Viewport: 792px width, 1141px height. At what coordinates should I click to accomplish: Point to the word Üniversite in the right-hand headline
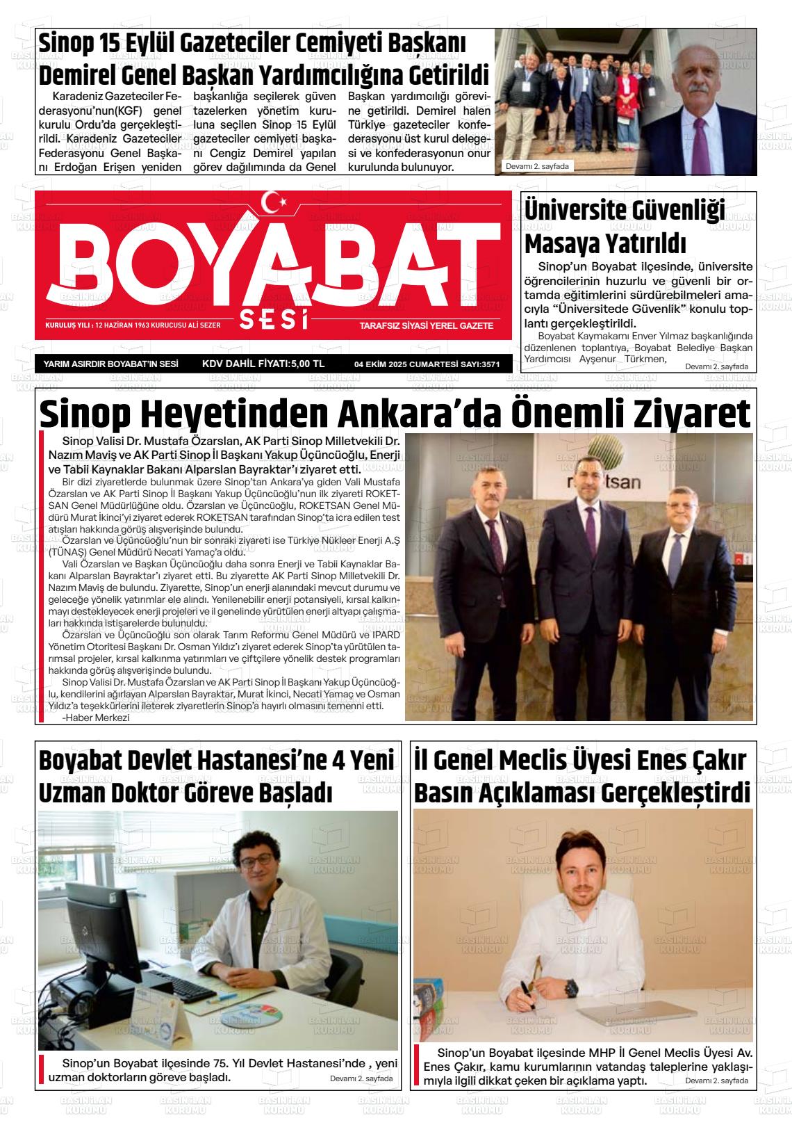(582, 211)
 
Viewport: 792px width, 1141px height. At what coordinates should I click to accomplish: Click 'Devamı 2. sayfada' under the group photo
(538, 166)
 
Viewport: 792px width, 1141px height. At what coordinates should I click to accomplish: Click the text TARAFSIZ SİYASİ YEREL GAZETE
(426, 325)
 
